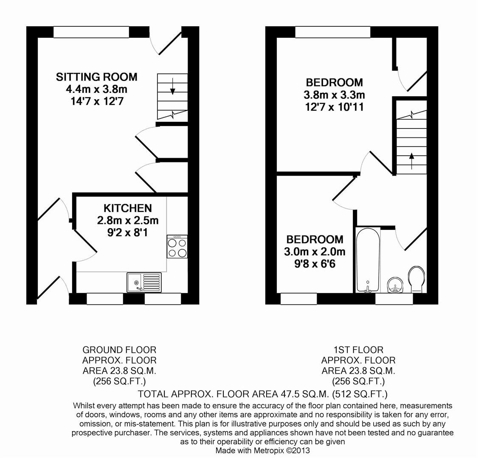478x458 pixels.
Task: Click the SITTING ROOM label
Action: tap(97, 77)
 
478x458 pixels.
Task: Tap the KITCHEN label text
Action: tap(127, 208)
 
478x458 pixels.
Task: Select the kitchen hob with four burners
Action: tap(177, 247)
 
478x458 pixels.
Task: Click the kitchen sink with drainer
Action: tap(144, 282)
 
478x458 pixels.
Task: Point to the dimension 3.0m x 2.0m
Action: tap(315, 251)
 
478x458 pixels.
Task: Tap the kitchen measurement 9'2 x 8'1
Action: tap(128, 232)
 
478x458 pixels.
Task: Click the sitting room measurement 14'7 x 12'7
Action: tap(96, 101)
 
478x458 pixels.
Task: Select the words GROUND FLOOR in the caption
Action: tap(119, 350)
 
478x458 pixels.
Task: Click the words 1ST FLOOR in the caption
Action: tap(358, 350)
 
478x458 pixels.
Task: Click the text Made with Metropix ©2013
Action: tap(263, 450)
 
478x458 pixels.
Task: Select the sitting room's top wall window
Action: tap(91, 32)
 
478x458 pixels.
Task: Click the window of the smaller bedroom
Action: tap(298, 299)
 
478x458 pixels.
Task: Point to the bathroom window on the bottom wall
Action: tap(394, 299)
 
